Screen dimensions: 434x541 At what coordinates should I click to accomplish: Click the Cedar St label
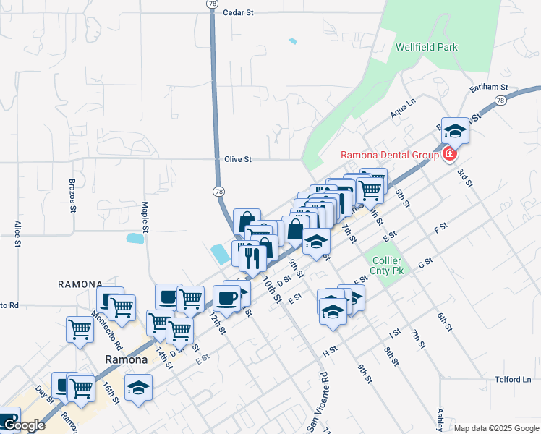(239, 12)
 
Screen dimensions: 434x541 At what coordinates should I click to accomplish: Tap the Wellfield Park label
(426, 48)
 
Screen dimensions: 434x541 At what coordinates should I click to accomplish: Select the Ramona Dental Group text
(390, 155)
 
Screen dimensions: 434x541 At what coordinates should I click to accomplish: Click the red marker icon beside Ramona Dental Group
(449, 154)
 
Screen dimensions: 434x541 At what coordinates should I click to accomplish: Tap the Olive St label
(237, 159)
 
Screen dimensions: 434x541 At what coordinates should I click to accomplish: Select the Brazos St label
(72, 196)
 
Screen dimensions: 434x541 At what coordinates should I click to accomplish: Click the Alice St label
(17, 234)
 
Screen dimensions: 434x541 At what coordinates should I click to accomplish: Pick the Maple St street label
(145, 217)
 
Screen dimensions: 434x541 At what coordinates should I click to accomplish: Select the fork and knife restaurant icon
(252, 258)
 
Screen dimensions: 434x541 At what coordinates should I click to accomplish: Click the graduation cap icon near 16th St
(138, 388)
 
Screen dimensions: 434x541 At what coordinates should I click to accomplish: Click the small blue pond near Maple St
(134, 238)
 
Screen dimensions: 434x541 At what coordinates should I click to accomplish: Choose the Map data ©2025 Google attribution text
(495, 427)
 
